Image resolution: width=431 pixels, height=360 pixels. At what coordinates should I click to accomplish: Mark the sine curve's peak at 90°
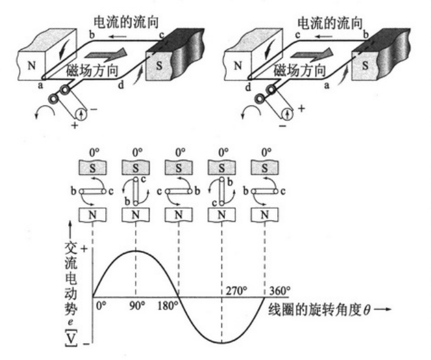click(136, 251)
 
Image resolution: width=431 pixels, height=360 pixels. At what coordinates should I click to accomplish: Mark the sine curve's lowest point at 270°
click(222, 343)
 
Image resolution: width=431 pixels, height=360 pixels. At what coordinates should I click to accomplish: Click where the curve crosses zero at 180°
click(178, 297)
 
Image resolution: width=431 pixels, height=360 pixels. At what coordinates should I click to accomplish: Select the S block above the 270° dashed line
click(222, 166)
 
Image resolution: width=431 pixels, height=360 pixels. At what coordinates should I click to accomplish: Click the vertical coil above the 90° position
click(136, 191)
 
